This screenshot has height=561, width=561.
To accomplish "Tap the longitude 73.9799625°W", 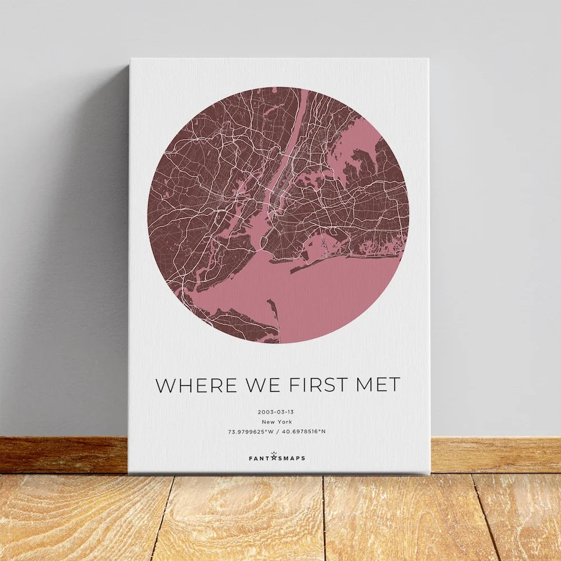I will (x=251, y=431).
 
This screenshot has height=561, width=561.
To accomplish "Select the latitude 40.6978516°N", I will (x=304, y=431).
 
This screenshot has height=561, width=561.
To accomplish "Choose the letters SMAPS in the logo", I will (x=292, y=458).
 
